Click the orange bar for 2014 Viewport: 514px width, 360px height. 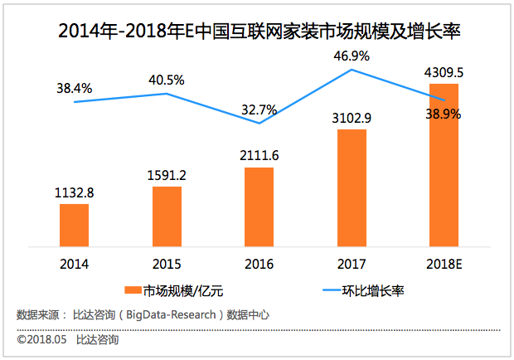click(x=74, y=225)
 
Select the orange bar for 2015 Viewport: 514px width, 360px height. click(x=167, y=216)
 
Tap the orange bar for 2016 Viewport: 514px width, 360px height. click(x=259, y=207)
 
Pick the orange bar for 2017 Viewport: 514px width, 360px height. click(x=352, y=187)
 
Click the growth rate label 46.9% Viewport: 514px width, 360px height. click(x=352, y=55)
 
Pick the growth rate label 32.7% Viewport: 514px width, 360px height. click(x=259, y=108)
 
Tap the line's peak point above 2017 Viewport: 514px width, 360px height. click(x=352, y=70)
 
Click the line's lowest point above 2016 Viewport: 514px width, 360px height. click(x=259, y=124)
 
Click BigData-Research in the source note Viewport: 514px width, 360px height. click(x=173, y=314)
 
